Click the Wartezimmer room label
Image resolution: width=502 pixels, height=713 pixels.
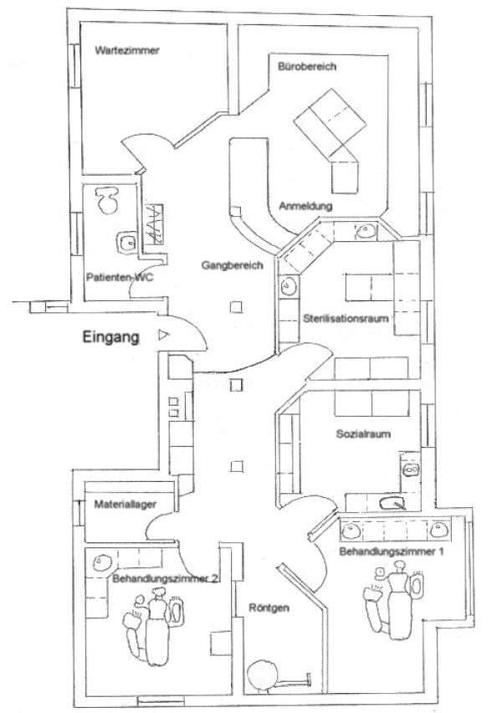pyautogui.click(x=127, y=50)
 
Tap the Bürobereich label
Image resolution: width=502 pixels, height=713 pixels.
pyautogui.click(x=307, y=68)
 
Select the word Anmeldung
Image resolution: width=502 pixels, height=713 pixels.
pyautogui.click(x=305, y=206)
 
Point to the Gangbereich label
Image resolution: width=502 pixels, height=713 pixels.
pyautogui.click(x=232, y=266)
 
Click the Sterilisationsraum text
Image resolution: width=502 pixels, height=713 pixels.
pyautogui.click(x=344, y=319)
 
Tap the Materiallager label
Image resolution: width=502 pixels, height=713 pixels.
pyautogui.click(x=123, y=505)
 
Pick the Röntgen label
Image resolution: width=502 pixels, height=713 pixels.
pyautogui.click(x=269, y=608)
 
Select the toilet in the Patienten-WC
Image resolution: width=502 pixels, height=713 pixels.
pyautogui.click(x=106, y=198)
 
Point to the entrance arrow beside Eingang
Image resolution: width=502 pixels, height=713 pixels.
pyautogui.click(x=162, y=336)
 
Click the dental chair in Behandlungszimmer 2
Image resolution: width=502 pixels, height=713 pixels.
pyautogui.click(x=151, y=623)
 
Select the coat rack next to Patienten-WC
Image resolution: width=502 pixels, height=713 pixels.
pyautogui.click(x=155, y=224)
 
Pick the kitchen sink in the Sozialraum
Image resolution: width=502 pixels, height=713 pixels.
pyautogui.click(x=391, y=503)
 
